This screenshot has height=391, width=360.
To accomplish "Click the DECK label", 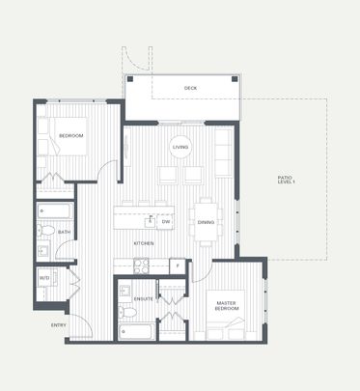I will tap(191, 89).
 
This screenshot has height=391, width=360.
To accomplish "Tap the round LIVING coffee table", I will tap(181, 148).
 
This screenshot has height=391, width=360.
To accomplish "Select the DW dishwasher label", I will tap(166, 222).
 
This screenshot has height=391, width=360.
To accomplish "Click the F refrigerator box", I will tap(177, 265).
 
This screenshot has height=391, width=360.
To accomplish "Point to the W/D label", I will tap(44, 279).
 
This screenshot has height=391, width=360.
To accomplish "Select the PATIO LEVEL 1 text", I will tap(285, 180).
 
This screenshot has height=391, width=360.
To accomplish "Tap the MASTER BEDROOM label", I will tap(227, 306).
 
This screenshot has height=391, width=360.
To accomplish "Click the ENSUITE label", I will tap(143, 299).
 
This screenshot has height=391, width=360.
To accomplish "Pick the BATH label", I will tap(64, 233).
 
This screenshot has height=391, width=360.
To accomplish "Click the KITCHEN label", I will tap(143, 243).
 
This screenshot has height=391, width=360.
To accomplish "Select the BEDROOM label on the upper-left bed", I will tap(71, 136).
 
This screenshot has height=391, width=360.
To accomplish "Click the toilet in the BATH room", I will tap(45, 231).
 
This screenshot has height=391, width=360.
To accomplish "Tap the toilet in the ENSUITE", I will tap(125, 310).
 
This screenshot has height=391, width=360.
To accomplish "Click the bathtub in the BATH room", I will tap(54, 209).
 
